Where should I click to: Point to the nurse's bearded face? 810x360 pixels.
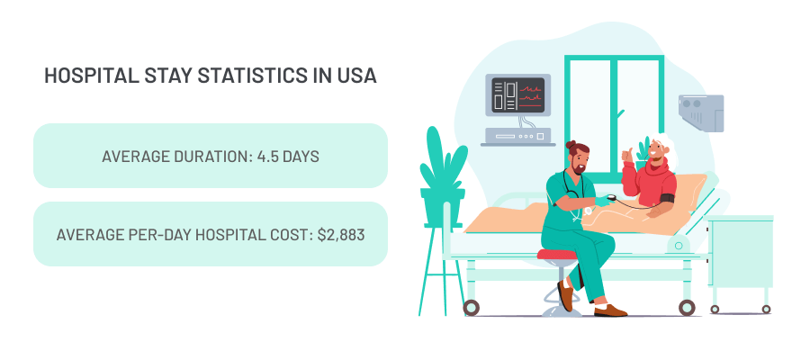(580, 163)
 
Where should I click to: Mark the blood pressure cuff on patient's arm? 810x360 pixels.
(667, 197)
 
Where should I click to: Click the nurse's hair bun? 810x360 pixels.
(571, 145)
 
